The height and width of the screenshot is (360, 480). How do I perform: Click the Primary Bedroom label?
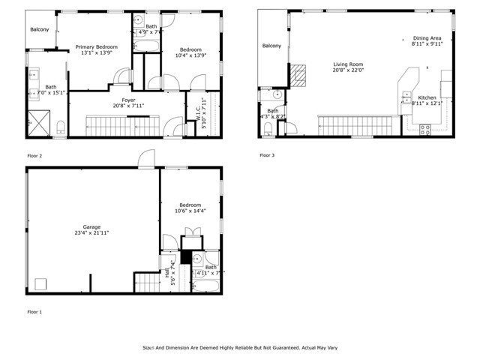coord(94,46)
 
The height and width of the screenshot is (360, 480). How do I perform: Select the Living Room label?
coord(348,64)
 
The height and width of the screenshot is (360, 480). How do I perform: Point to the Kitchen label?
coord(427,97)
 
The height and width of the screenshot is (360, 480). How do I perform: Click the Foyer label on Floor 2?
coord(128,100)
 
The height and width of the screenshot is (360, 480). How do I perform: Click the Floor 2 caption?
coord(35,155)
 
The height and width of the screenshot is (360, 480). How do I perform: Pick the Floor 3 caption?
coord(268,155)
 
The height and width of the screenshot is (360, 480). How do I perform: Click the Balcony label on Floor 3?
coord(271,46)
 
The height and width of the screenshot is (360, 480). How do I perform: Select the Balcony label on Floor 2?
coord(40,29)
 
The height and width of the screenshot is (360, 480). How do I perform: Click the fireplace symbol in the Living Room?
coord(298,73)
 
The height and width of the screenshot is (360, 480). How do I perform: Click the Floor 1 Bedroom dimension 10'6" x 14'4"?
coord(190,211)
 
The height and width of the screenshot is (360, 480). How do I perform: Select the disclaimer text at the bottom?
coord(240,347)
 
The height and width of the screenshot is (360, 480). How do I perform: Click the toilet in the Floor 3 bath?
coord(268,129)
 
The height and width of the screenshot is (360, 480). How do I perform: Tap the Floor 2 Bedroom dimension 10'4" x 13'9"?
coord(190,55)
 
